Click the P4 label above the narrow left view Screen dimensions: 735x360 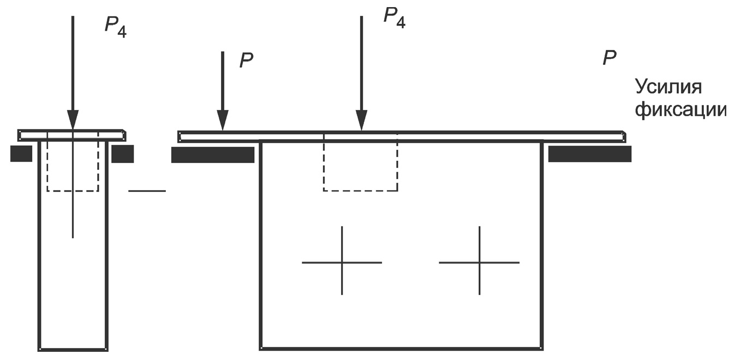[x=116, y=27]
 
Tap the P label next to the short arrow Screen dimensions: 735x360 [x=247, y=60]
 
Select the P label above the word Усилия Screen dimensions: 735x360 [x=609, y=58]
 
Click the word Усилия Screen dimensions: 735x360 [x=668, y=87]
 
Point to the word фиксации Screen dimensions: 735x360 [x=680, y=110]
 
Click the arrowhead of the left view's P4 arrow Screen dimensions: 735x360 [x=73, y=119]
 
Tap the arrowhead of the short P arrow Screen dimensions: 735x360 [x=223, y=120]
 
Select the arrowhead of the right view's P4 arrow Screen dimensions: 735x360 [x=362, y=120]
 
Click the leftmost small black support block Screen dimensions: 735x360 [x=21, y=153]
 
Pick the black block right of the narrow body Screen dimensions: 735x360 [x=122, y=154]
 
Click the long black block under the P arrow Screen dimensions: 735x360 [x=213, y=155]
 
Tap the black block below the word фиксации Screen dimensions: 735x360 [x=590, y=154]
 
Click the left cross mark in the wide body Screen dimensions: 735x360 [x=342, y=262]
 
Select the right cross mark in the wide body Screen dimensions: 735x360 [x=480, y=262]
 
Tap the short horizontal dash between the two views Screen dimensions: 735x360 [x=147, y=191]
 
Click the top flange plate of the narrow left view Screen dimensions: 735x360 [x=72, y=135]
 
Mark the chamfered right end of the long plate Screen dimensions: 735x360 [x=624, y=136]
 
